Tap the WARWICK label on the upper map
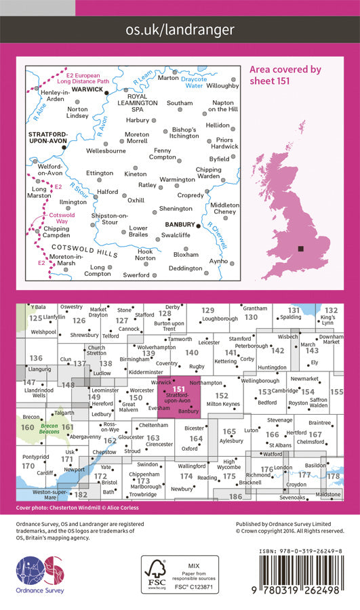click(x=87, y=88)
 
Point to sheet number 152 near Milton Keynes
click(x=221, y=394)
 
